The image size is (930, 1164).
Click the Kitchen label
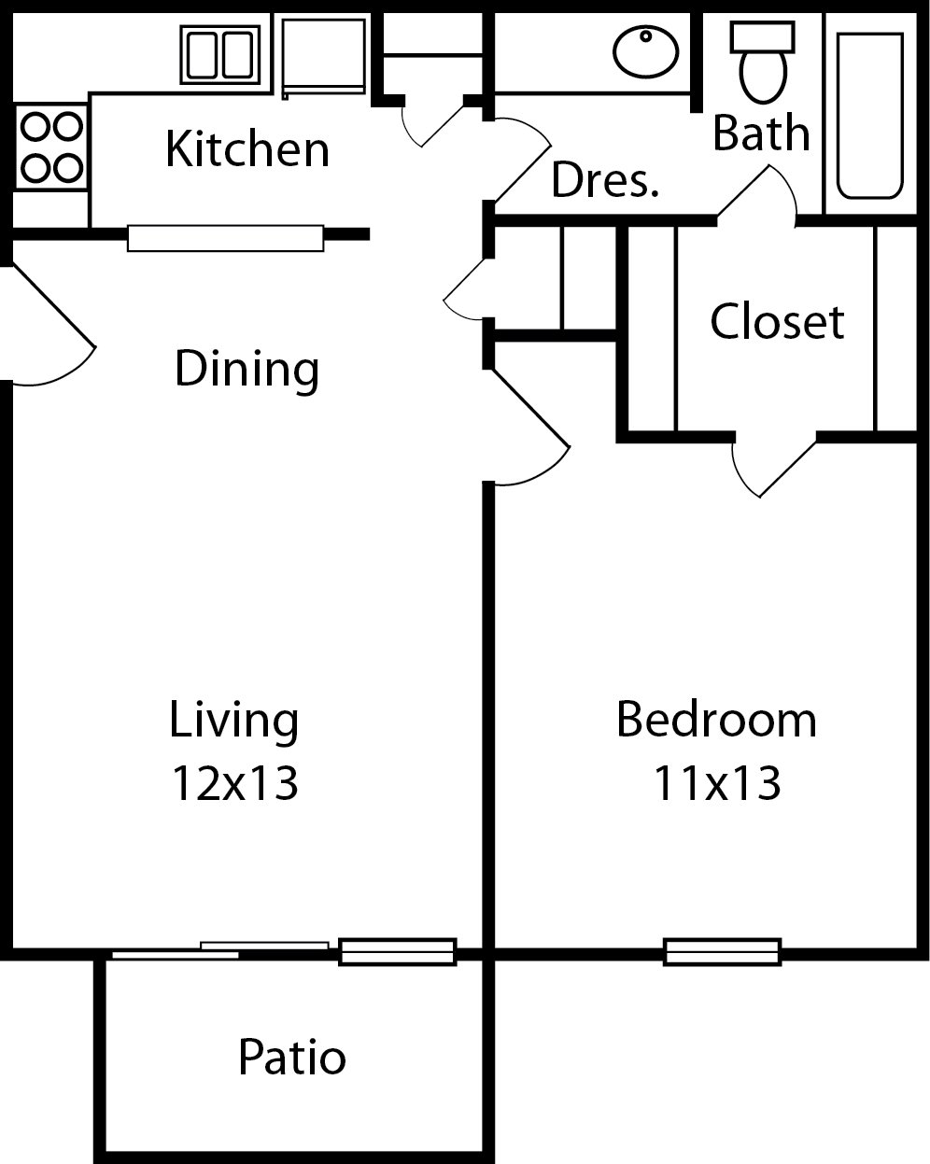point(247,149)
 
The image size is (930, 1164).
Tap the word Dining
point(247,369)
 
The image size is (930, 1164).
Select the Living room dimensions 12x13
point(234,782)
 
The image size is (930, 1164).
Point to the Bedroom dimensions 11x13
point(716,782)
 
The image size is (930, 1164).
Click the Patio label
point(292,1058)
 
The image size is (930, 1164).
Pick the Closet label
point(777,321)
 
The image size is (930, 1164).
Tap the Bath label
point(761,133)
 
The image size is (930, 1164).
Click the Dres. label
point(605,179)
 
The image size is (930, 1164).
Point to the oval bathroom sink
point(646,51)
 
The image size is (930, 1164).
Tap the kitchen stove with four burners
point(51,146)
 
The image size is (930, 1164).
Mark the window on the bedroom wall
point(722,951)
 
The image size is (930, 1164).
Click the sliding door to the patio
point(220,950)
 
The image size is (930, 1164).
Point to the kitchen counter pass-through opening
point(225,238)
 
